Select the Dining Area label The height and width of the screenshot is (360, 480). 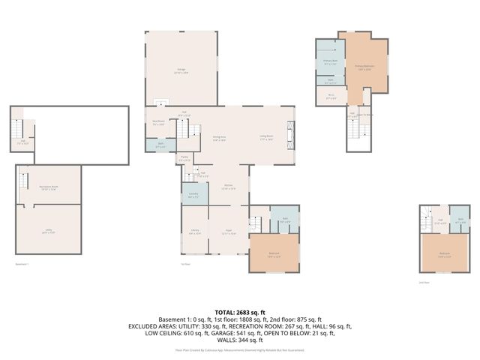pyautogui.click(x=219, y=138)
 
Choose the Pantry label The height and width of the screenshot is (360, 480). pyautogui.click(x=184, y=159)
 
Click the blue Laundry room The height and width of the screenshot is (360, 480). pyautogui.click(x=193, y=195)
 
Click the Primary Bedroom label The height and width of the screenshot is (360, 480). pyautogui.click(x=364, y=67)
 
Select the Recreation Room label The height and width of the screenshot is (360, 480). pyautogui.click(x=49, y=188)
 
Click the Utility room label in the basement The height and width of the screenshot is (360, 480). pyautogui.click(x=49, y=232)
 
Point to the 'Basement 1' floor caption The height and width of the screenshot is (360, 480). pyautogui.click(x=25, y=264)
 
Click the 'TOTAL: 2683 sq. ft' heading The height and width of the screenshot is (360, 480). pyautogui.click(x=239, y=312)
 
